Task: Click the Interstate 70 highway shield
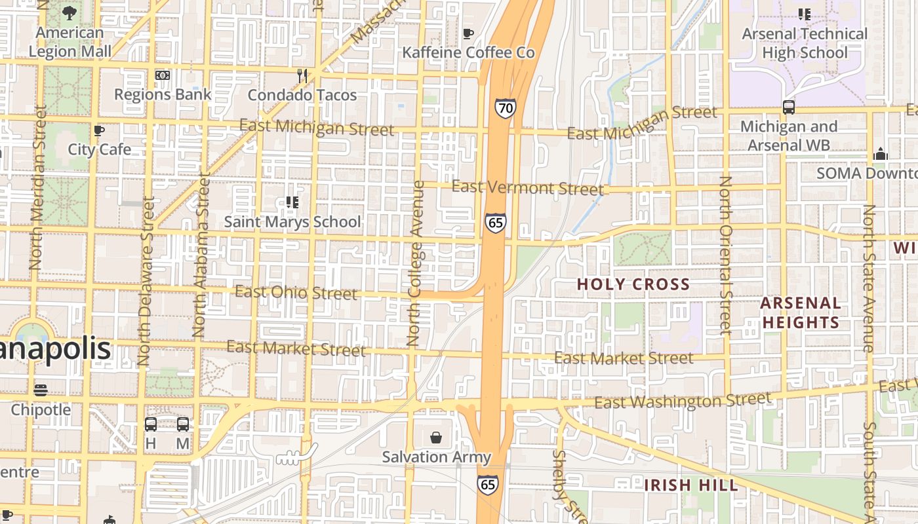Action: tap(505, 108)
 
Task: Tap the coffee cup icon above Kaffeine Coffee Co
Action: tap(468, 33)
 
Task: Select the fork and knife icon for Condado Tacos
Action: tap(302, 76)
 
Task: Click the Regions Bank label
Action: tap(163, 94)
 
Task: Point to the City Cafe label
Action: tap(100, 149)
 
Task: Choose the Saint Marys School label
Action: tap(292, 222)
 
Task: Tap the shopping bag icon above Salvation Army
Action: tap(436, 438)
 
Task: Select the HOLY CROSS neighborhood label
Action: tap(633, 284)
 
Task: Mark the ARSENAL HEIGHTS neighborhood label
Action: tap(801, 312)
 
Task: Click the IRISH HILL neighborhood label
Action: tap(690, 485)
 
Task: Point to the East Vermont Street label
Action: tap(528, 188)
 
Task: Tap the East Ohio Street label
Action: tap(296, 292)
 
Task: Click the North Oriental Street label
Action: tap(725, 255)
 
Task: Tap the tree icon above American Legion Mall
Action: tap(70, 12)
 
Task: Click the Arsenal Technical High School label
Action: tap(805, 43)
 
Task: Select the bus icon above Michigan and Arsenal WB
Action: tap(789, 107)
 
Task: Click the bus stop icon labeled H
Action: tap(151, 424)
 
